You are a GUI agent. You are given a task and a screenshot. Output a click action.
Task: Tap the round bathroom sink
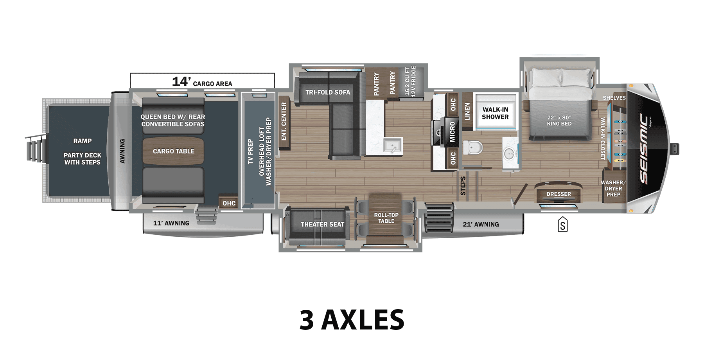[509, 153]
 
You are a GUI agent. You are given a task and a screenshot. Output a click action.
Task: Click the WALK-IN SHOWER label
[495, 113]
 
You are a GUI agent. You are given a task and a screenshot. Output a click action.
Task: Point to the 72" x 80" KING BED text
[559, 121]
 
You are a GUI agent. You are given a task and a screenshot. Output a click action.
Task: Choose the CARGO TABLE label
[173, 151]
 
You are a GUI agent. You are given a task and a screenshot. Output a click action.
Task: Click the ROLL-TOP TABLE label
[386, 218]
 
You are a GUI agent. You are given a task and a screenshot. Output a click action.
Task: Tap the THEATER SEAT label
[322, 224]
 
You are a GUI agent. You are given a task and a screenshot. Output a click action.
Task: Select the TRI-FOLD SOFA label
[328, 92]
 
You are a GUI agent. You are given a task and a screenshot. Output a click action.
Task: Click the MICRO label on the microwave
[452, 131]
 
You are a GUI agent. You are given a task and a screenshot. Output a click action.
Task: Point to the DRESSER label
[559, 194]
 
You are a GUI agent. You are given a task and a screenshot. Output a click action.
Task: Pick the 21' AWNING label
[481, 224]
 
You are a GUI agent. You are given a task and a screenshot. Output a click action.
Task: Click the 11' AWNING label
[171, 223]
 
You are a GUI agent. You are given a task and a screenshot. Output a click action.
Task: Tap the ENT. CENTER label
[284, 121]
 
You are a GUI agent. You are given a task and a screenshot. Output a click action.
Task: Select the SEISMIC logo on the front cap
[644, 149]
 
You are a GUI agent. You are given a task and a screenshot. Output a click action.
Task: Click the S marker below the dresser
[562, 225]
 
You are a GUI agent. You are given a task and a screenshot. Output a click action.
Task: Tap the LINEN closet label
[467, 112]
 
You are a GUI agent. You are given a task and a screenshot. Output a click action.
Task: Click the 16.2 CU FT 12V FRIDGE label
[410, 81]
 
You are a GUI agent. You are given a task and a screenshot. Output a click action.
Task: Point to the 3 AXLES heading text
[352, 319]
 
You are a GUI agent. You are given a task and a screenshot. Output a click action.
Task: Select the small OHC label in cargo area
[229, 203]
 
